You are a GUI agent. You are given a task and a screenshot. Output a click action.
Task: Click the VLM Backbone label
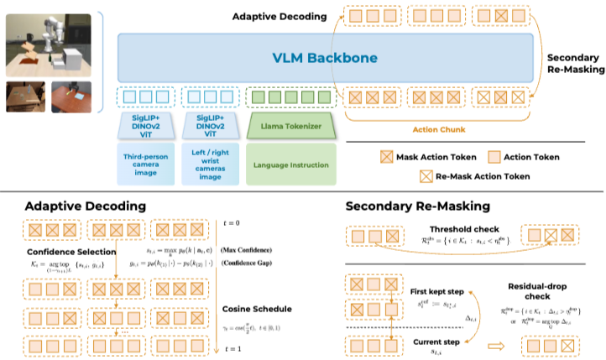(x=325, y=58)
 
